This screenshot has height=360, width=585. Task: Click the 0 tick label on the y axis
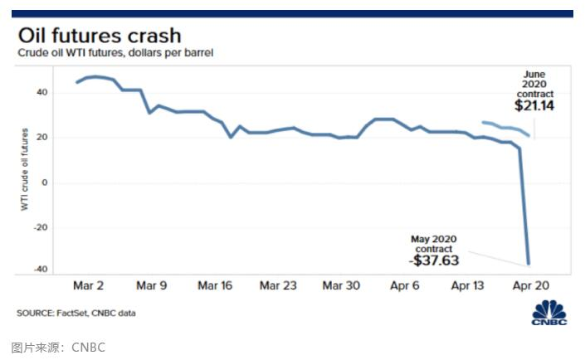pos(43,182)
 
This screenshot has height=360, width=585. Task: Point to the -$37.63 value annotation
pos(433,260)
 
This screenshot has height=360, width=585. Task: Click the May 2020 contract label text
pos(433,244)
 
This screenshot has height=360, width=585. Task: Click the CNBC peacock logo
pos(549,314)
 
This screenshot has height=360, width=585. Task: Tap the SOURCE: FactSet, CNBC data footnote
pos(76,314)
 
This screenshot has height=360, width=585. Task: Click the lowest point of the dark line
pos(529,264)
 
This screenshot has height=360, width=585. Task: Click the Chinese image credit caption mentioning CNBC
pos(58,347)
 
